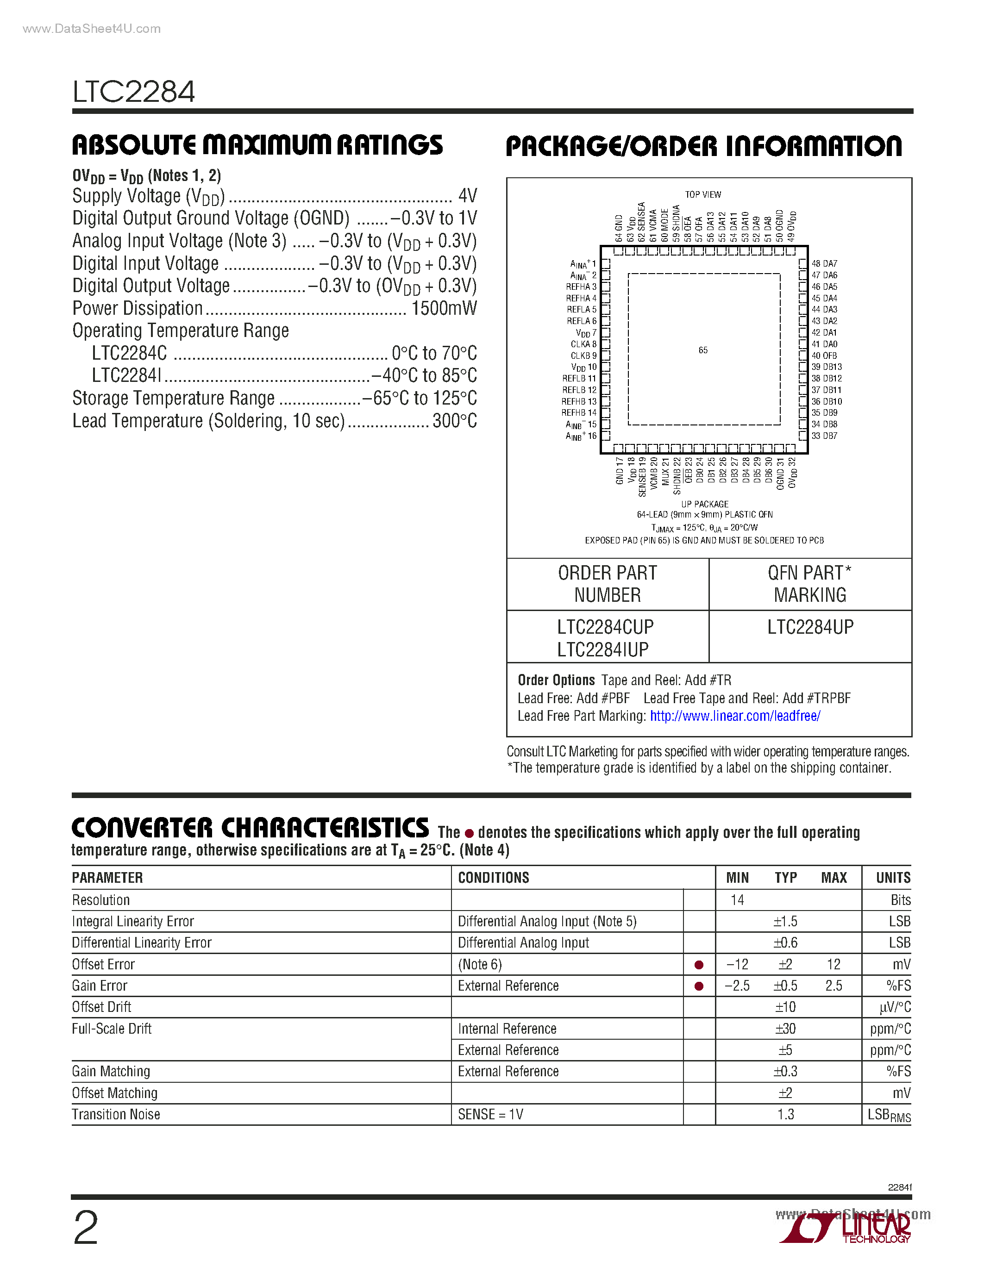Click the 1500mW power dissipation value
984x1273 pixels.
pos(444,308)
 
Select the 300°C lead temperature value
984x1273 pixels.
pos(454,421)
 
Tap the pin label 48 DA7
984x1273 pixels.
pos(824,263)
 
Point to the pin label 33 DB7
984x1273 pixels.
pos(824,436)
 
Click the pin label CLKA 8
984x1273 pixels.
pos(583,344)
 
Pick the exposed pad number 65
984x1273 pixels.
pos(703,350)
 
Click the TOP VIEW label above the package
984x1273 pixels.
pos(703,195)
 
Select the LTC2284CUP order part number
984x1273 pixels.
pos(605,627)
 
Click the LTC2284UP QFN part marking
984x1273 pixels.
pos(810,627)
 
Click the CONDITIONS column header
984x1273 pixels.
pos(493,878)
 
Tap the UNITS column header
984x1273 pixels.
pos(893,878)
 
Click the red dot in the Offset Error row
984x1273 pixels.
pos(699,965)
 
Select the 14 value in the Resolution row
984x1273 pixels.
pos(737,900)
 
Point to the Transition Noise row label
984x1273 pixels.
pos(116,1115)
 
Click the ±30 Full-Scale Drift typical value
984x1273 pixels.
pos(785,1029)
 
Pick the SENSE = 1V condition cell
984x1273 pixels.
pos(490,1115)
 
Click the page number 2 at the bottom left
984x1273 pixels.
pos(86,1229)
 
